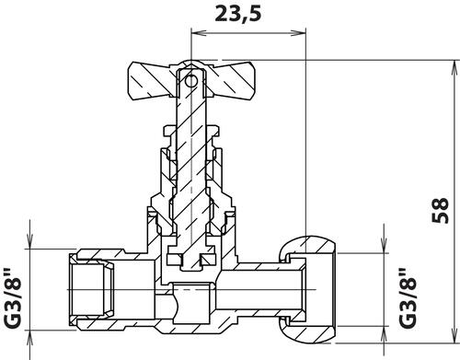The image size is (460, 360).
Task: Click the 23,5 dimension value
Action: [x=237, y=15]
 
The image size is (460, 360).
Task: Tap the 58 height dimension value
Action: [x=440, y=211]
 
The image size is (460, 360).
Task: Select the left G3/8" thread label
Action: [x=13, y=298]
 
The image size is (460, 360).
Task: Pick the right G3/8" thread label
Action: [x=408, y=298]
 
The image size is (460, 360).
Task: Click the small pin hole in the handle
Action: [x=191, y=81]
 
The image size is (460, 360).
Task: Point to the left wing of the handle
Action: [x=152, y=81]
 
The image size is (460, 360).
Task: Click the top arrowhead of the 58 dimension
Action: [x=454, y=68]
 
